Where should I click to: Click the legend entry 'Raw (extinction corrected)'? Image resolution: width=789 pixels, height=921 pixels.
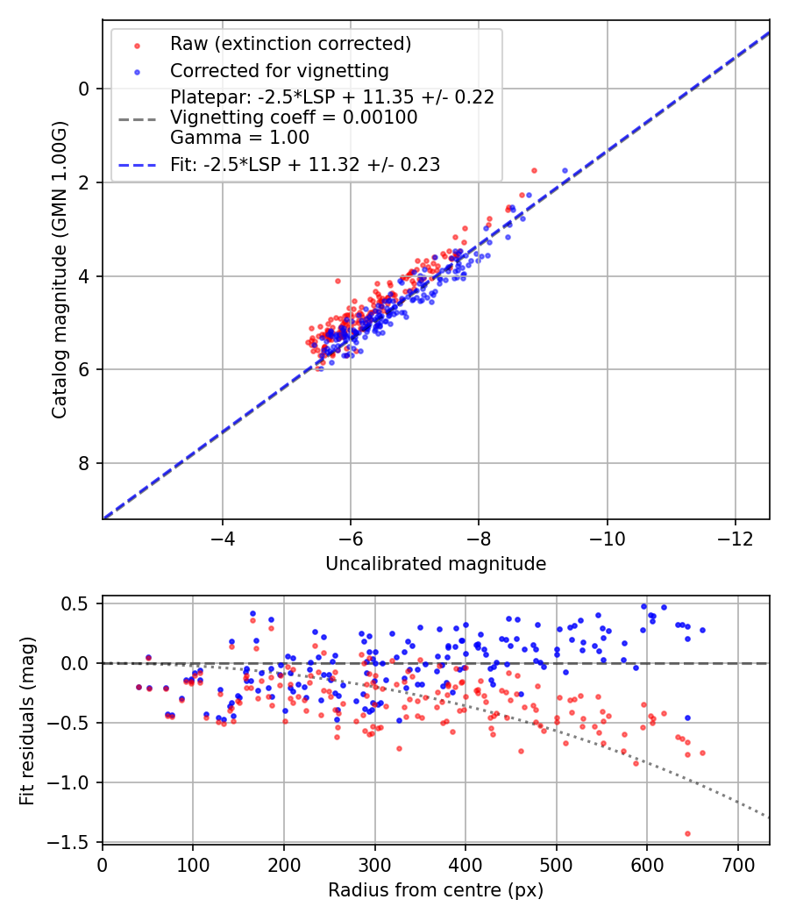[x=290, y=44]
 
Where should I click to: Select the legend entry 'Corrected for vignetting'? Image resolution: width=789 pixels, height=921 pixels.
[x=279, y=70]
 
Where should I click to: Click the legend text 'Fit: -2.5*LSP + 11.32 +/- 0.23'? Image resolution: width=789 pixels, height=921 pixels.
[x=305, y=164]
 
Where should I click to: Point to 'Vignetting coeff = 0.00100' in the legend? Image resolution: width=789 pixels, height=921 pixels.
[x=294, y=118]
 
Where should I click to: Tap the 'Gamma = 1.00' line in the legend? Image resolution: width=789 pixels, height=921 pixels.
[x=239, y=138]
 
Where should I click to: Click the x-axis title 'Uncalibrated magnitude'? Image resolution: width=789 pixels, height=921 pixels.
[x=436, y=564]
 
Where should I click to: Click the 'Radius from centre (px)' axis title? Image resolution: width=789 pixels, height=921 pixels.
[x=436, y=890]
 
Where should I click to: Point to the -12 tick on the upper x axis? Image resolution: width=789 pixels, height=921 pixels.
[x=736, y=538]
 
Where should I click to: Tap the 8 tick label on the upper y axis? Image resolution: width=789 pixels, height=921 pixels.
[x=85, y=463]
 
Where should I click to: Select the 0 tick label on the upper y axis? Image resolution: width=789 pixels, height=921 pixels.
[x=85, y=89]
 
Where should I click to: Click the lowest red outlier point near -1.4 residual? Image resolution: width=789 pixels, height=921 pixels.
[x=687, y=833]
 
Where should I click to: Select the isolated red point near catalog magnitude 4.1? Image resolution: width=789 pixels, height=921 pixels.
[x=338, y=281]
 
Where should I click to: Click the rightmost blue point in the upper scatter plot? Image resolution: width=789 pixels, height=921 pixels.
[x=565, y=170]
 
